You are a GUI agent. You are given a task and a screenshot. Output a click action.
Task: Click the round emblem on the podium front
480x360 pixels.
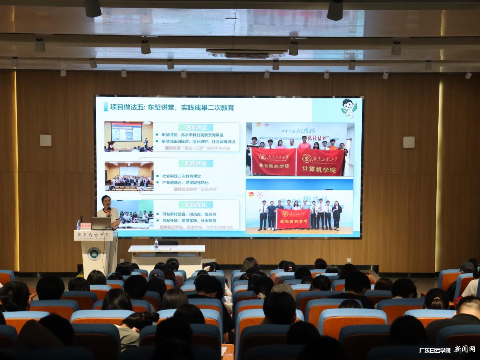tap(94, 254)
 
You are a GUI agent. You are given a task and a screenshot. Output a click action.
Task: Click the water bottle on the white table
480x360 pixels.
tap(156, 245)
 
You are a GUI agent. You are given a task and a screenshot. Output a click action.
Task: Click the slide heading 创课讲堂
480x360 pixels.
tap(196, 127)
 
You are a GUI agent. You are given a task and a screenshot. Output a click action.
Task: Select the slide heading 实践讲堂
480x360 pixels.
tap(196, 163)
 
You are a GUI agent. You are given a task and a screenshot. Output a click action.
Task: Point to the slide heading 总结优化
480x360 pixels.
tap(196, 205)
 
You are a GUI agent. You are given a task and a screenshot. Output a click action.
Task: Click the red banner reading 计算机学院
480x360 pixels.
tap(320, 162)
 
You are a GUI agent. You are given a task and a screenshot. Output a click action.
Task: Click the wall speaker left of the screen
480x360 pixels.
tap(46, 140)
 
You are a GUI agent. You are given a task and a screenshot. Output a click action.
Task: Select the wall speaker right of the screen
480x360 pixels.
tap(408, 142)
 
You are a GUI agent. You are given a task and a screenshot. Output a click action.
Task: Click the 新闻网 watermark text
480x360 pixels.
tap(465, 349)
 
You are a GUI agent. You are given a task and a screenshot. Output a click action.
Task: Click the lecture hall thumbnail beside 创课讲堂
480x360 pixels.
tap(129, 137)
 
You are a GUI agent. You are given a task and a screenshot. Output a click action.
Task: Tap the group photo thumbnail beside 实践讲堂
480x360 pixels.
tap(129, 176)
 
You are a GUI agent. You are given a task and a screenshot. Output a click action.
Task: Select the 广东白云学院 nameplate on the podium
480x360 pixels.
tap(93, 235)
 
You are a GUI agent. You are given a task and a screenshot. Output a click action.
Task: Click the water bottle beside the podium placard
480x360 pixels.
tap(78, 225)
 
